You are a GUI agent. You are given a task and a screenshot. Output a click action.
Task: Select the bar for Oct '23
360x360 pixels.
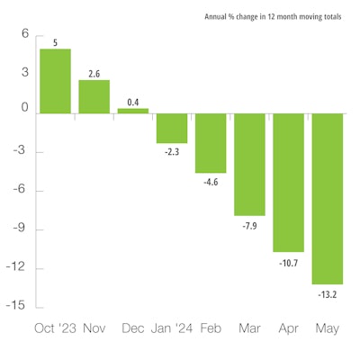pos(55,81)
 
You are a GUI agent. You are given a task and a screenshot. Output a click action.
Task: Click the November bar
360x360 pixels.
pos(94,96)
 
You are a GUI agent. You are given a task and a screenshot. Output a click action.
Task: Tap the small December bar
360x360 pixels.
pos(132,111)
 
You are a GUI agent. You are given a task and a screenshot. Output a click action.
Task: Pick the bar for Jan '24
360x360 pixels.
pos(171,128)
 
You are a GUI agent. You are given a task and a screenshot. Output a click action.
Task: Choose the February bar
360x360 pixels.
pos(211,142)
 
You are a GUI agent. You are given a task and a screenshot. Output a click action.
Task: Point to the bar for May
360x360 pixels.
pos(327,198)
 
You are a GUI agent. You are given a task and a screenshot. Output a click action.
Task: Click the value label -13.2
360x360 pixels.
pos(327,292)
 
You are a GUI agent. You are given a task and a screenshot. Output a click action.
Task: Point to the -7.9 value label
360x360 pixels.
pos(249,224)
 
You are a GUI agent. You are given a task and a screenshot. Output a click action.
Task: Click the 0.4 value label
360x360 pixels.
pos(132,101)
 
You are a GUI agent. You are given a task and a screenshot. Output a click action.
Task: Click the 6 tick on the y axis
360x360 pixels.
pos(25,35)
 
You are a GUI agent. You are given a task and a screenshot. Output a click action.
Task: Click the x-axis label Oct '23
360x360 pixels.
pos(55,328)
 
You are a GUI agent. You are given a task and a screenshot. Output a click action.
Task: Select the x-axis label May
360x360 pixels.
pos(327,328)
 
